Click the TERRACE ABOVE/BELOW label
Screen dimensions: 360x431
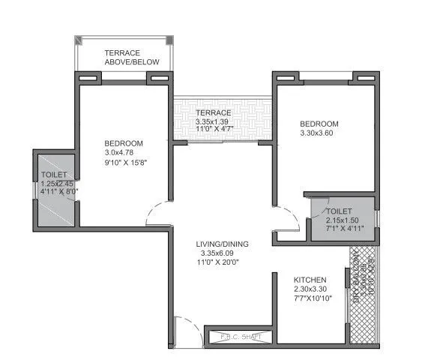(132, 57)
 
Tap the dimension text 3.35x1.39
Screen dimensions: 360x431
(213, 121)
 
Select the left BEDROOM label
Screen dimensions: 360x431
(124, 143)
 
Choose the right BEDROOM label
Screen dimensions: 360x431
(319, 124)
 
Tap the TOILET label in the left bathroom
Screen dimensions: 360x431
(54, 175)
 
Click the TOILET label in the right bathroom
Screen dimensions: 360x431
(340, 211)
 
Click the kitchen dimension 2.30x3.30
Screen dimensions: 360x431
(312, 289)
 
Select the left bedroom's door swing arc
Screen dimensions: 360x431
(160, 214)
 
